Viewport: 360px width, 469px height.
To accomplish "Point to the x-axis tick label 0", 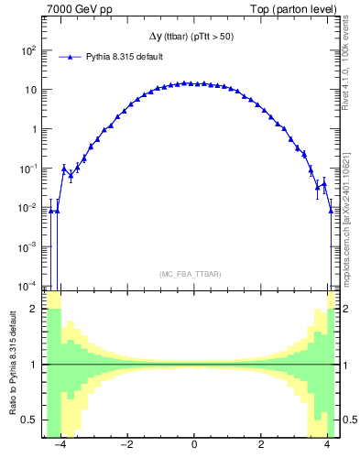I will pyautogui.click(x=194, y=445).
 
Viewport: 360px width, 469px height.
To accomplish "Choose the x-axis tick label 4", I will pyautogui.click(x=328, y=445).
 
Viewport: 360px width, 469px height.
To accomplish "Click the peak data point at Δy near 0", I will pyautogui.click(x=187, y=82).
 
